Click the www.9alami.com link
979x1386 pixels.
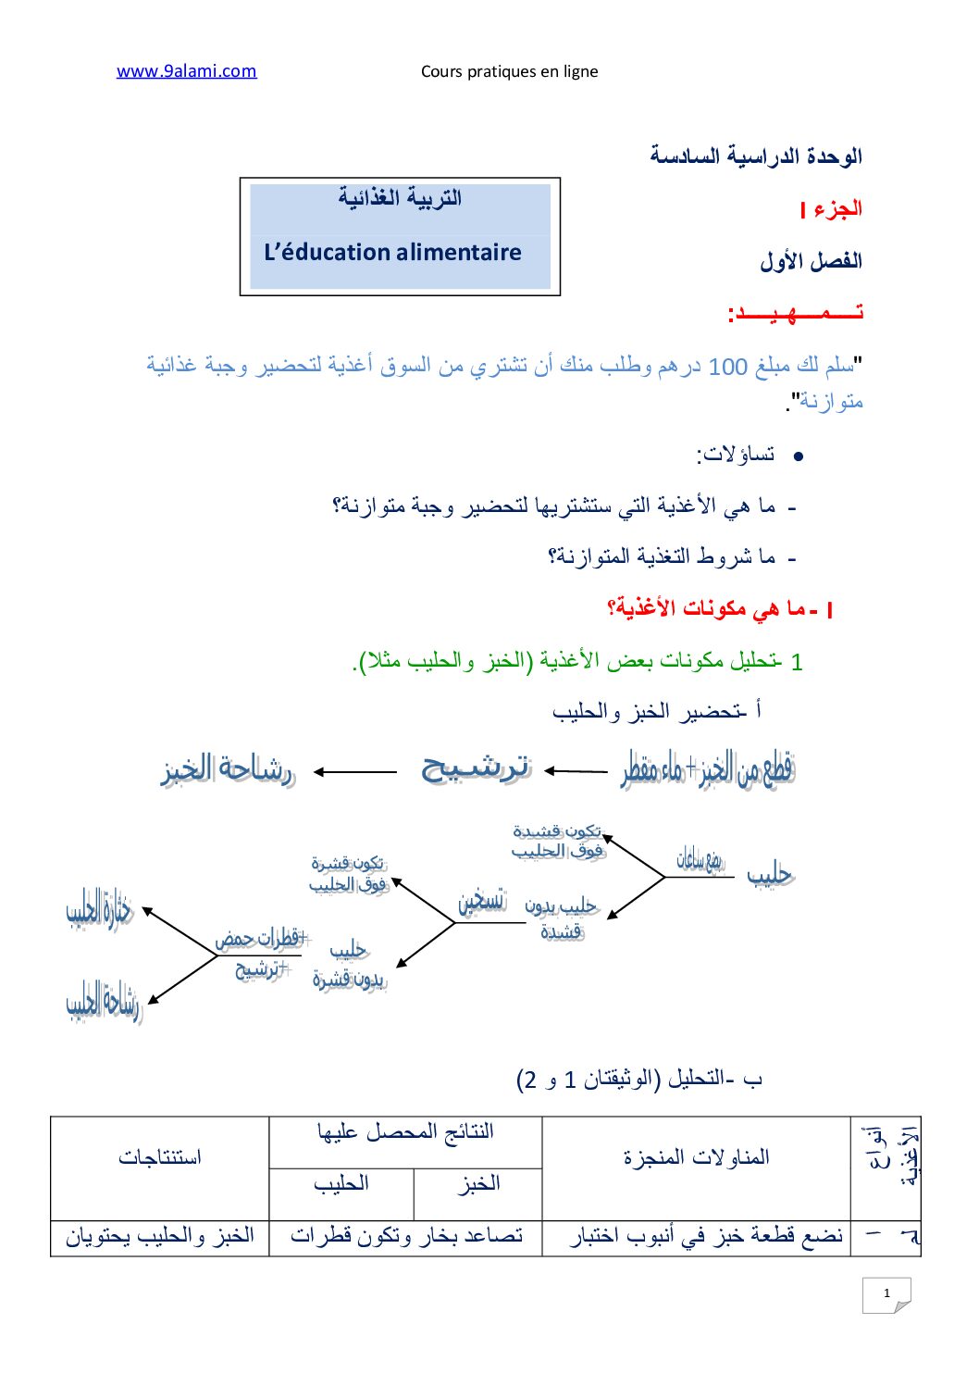tap(186, 71)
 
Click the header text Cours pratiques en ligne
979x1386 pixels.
tap(509, 71)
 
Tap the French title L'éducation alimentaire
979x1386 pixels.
tap(392, 252)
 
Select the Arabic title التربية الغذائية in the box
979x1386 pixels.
tap(399, 198)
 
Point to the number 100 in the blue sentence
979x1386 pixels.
tap(727, 367)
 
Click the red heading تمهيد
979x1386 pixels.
tap(795, 313)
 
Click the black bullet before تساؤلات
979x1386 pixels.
tap(799, 456)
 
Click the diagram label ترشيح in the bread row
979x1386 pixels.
tap(475, 768)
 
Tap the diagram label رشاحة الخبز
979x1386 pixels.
tap(228, 770)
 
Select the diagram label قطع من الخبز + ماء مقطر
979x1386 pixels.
tap(708, 769)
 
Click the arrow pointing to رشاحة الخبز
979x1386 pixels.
tap(355, 772)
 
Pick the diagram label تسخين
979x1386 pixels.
tap(482, 900)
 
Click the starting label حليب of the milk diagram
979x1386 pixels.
tap(770, 874)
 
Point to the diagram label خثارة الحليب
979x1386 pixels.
tap(100, 910)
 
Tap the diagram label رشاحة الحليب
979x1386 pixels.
tap(103, 1003)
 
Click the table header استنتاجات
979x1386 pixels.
tap(159, 1157)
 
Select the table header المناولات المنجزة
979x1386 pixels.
tap(696, 1157)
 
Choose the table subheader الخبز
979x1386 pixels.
tap(479, 1183)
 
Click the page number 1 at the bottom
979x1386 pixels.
tap(886, 1293)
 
